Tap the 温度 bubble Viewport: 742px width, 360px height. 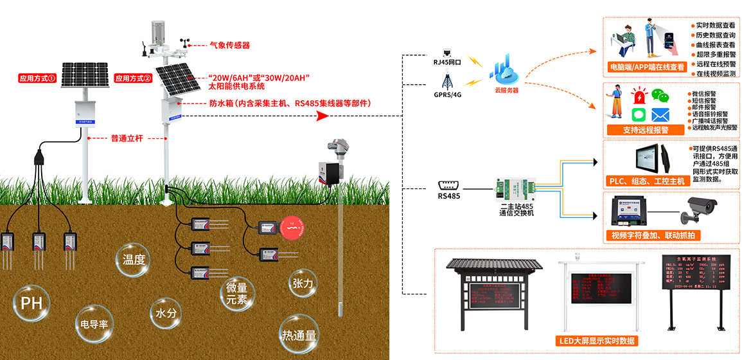coord(134,260)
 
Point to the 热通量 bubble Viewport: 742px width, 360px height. coord(299,334)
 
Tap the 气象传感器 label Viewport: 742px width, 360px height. coord(229,46)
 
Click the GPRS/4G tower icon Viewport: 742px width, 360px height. coord(447,82)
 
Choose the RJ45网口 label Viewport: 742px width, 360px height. coord(448,62)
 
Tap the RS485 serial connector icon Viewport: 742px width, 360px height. coord(448,183)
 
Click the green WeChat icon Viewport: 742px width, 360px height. coord(659,96)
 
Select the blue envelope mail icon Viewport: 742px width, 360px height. coord(660,115)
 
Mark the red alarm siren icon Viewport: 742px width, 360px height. coord(639,96)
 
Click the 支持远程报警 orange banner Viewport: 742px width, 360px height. coord(645,130)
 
